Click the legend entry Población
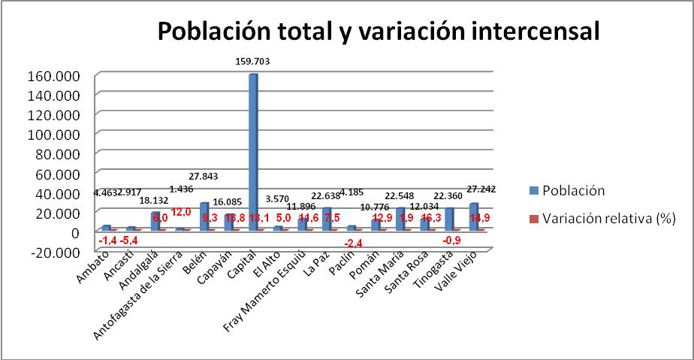(577, 190)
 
